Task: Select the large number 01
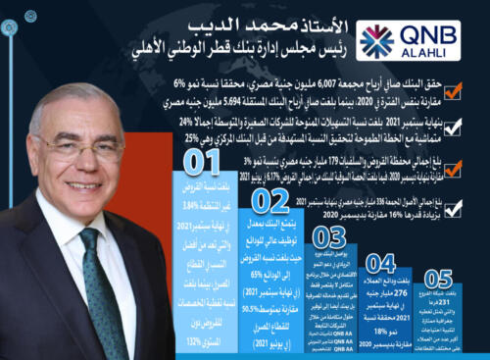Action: click(x=203, y=159)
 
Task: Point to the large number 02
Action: click(x=269, y=201)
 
